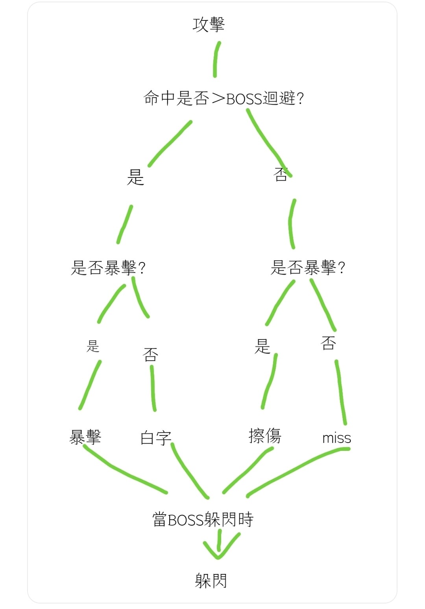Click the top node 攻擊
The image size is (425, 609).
209,24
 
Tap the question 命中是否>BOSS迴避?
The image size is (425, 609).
224,98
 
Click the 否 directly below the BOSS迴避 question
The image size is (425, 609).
281,174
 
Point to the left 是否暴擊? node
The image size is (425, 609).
108,268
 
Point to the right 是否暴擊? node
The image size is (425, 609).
308,268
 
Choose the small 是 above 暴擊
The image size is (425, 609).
93,346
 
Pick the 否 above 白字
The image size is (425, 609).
150,354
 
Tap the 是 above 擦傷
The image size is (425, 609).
262,346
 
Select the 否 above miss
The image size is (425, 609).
328,343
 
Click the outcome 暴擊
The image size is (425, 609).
85,437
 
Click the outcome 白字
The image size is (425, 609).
156,438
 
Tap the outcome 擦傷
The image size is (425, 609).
265,436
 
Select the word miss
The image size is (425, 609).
336,438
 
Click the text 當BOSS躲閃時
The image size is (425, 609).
203,520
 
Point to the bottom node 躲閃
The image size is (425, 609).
211,581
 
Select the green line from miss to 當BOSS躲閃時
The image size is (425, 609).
295,470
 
